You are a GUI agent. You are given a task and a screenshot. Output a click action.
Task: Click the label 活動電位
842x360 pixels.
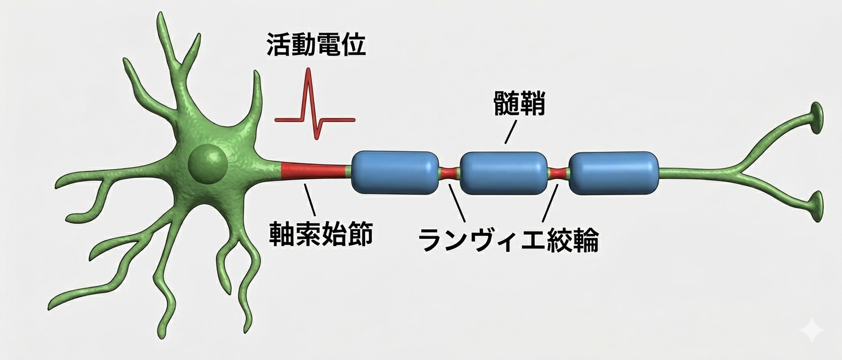click(316, 46)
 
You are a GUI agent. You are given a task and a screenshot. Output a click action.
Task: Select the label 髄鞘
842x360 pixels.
click(519, 103)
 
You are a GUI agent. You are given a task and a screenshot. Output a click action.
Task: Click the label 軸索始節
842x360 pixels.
click(321, 234)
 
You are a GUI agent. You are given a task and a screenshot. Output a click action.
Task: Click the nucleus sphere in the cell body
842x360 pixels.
click(208, 162)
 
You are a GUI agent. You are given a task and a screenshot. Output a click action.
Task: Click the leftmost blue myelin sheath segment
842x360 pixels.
click(395, 172)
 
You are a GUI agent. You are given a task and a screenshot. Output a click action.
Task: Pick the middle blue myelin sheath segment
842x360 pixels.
click(504, 173)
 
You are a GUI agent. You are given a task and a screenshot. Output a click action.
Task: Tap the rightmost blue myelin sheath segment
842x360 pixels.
click(613, 173)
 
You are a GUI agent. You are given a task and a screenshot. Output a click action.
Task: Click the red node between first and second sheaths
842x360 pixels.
click(450, 173)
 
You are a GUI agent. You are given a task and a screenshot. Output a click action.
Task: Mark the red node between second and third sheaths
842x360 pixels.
click(558, 173)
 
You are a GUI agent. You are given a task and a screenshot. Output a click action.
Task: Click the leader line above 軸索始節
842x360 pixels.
click(310, 198)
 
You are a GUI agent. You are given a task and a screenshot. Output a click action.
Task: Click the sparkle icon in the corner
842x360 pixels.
click(813, 330)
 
